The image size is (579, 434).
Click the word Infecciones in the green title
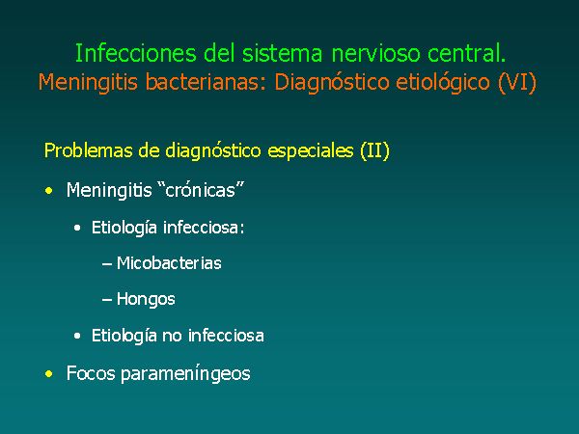135,53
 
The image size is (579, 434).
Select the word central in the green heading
466,53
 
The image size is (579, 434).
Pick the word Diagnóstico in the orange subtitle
332,83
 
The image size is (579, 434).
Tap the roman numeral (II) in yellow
374,151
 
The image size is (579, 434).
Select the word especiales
310,151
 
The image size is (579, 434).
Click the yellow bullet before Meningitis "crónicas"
49,191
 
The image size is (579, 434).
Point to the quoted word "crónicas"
203,190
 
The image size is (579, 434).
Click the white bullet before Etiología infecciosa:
77,228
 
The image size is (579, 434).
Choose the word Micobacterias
169,263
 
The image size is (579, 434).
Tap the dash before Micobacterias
107,264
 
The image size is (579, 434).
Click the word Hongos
146,299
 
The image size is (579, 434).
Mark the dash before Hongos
107,300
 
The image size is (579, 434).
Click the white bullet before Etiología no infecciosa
77,337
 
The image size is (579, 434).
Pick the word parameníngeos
185,373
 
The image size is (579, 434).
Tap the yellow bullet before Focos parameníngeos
49,374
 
